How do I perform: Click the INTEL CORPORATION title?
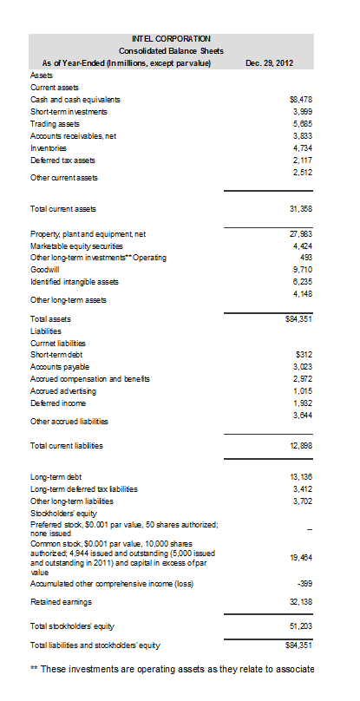click(170, 38)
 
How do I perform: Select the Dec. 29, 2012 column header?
click(270, 63)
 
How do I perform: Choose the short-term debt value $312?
click(303, 355)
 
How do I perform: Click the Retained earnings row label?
click(61, 601)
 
